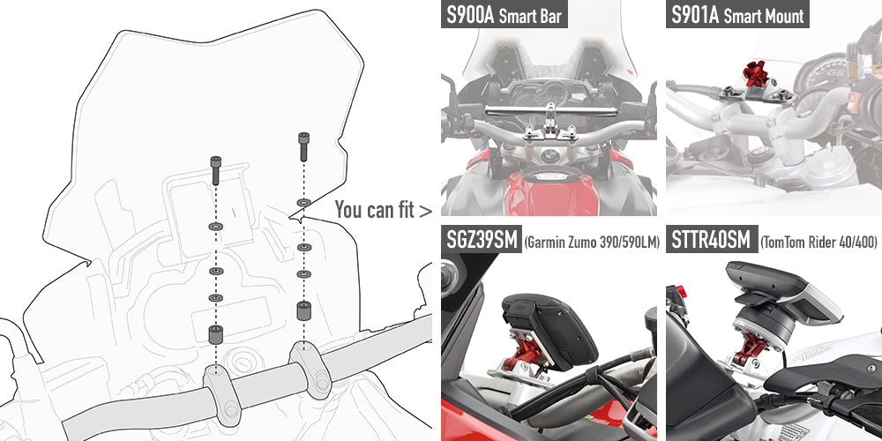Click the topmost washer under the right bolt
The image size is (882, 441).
point(303,203)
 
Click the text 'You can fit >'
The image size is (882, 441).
point(384,210)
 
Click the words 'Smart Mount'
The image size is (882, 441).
point(764,17)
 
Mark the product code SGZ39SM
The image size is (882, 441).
point(482,241)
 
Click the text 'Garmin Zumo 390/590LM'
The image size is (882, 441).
point(592,243)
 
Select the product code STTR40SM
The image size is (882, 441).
point(712,241)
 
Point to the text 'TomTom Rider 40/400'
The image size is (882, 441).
point(818,243)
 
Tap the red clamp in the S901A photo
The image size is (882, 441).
point(755,74)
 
